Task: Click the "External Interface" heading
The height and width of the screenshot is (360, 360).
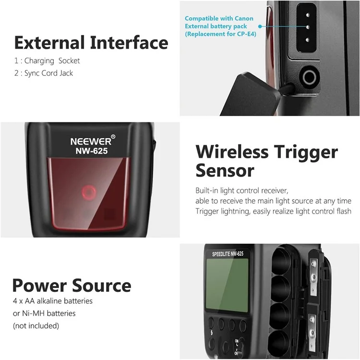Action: tap(91, 43)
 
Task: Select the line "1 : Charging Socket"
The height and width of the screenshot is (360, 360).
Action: tap(47, 61)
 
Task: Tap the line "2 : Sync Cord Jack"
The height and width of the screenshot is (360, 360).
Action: tap(44, 73)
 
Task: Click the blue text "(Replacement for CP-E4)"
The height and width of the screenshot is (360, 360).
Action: tap(220, 34)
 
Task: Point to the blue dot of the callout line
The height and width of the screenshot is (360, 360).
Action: tap(260, 26)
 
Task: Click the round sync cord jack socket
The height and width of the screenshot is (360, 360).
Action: tap(309, 77)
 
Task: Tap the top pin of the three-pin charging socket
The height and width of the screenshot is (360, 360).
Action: tap(307, 15)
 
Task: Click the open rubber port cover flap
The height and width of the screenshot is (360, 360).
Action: tap(250, 94)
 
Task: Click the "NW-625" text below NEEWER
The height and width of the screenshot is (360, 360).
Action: tap(92, 151)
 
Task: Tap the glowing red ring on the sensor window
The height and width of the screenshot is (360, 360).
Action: tap(89, 192)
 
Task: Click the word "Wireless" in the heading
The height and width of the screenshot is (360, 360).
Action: tap(232, 152)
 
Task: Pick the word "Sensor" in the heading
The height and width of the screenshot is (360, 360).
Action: tap(225, 170)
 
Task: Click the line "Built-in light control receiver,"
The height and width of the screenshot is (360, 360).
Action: tap(242, 191)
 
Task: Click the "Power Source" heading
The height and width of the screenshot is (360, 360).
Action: tap(72, 286)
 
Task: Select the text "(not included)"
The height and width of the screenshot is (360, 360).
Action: tap(36, 326)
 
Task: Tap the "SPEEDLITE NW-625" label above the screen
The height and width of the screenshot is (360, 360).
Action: tap(228, 254)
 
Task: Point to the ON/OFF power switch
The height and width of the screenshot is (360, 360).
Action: tap(237, 347)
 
